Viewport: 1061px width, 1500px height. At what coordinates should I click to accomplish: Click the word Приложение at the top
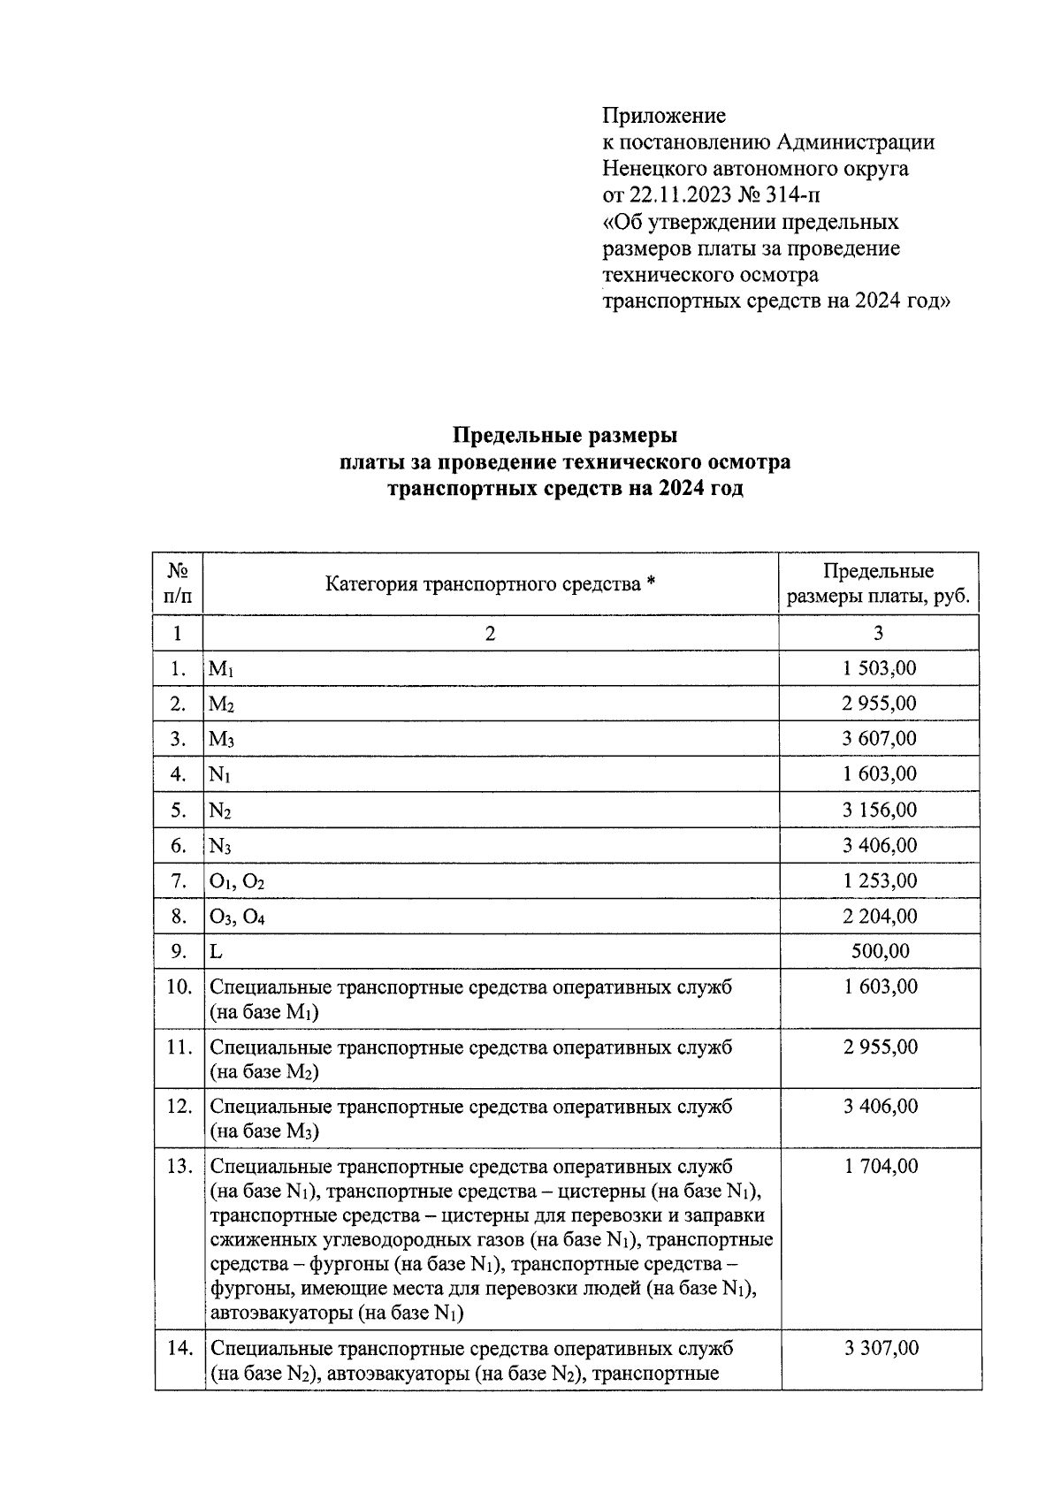click(663, 116)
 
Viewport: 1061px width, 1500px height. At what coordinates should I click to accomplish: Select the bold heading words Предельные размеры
click(565, 436)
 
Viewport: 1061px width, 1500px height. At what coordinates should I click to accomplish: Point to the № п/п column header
click(178, 583)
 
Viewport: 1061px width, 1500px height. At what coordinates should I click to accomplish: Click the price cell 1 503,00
click(879, 668)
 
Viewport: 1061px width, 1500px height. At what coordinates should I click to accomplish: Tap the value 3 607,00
click(879, 739)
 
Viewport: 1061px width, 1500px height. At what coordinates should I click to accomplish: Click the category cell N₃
click(220, 847)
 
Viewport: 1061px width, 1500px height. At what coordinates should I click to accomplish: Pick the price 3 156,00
click(879, 811)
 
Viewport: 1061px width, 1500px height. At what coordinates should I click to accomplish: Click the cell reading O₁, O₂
click(236, 882)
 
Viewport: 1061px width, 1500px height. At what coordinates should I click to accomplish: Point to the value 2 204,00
click(879, 917)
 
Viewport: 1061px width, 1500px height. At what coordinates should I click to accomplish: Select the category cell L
click(216, 952)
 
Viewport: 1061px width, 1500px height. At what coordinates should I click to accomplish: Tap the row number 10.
click(179, 987)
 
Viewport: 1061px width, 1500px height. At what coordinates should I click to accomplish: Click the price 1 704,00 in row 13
click(881, 1167)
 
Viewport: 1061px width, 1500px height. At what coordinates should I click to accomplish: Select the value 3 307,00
click(881, 1349)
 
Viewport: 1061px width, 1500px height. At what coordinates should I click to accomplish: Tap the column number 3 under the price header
click(877, 633)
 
